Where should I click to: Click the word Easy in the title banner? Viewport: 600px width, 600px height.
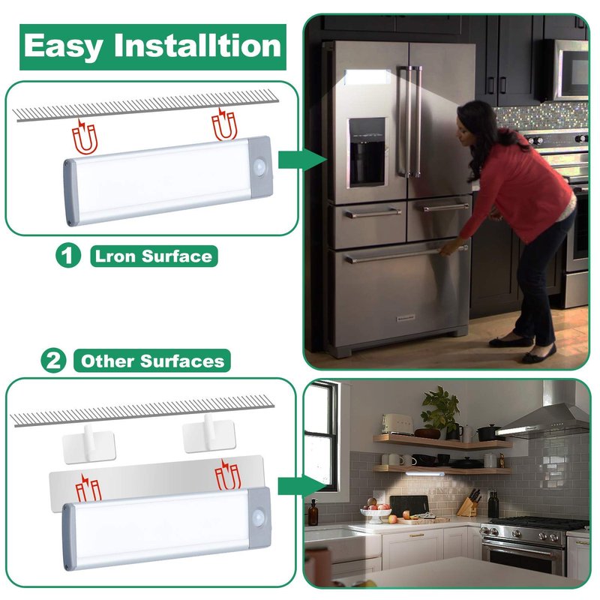click(64, 46)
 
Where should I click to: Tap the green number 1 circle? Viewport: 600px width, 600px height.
click(68, 255)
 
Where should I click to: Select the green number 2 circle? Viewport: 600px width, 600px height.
click(53, 360)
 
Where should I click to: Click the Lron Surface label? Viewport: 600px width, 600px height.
click(154, 256)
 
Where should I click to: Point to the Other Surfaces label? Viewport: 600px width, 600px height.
click(152, 361)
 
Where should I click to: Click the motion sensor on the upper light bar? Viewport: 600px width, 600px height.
click(260, 167)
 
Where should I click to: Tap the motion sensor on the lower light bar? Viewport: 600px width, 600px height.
click(259, 517)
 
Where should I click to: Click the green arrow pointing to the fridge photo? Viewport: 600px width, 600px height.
click(302, 160)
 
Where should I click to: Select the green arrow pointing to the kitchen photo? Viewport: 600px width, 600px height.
click(302, 486)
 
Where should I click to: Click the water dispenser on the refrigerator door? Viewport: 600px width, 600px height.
click(367, 152)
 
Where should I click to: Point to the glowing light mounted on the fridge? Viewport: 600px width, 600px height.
click(367, 77)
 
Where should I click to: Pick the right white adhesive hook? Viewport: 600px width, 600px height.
click(209, 434)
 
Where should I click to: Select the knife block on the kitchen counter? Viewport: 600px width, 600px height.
click(469, 503)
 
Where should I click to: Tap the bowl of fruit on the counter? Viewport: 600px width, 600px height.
click(376, 511)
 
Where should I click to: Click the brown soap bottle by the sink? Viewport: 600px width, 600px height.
click(313, 512)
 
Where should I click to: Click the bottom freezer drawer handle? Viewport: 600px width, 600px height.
click(406, 254)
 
